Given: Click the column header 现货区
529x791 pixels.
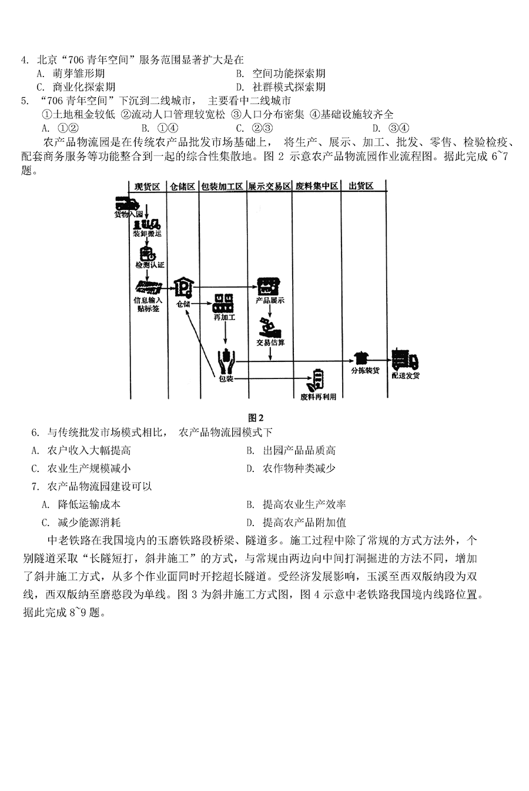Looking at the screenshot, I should coord(147,187).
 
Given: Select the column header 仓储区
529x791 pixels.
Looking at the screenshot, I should coord(182,187).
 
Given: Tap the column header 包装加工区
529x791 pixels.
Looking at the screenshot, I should coord(222,187).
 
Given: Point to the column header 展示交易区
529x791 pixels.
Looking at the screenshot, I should coord(269,187).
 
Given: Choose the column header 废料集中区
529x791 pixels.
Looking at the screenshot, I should coord(316,187).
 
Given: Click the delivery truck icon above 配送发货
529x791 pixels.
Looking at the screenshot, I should coord(404,359).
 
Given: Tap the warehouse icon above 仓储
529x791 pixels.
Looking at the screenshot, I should coord(184,288).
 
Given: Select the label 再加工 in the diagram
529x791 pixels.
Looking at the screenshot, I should coord(225,318).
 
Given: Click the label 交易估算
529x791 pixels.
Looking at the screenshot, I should coord(270,343).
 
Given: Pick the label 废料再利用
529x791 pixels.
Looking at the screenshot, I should coord(318,397).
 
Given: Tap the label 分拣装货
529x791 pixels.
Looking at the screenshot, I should coord(364,371).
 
